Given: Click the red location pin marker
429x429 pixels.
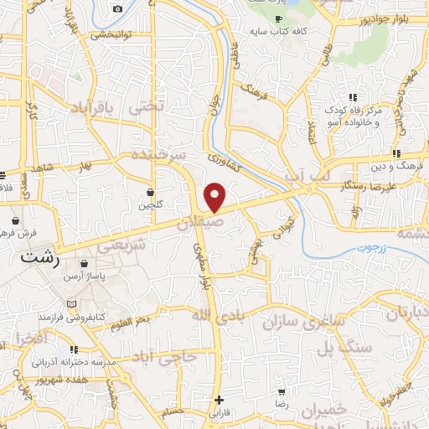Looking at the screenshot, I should point(215,197).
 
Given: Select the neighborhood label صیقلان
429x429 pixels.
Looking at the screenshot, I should point(202,224).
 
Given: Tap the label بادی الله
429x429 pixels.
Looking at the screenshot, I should point(215,316).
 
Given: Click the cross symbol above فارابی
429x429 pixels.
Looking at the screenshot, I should point(220,400).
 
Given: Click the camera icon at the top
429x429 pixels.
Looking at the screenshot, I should point(117,8).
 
